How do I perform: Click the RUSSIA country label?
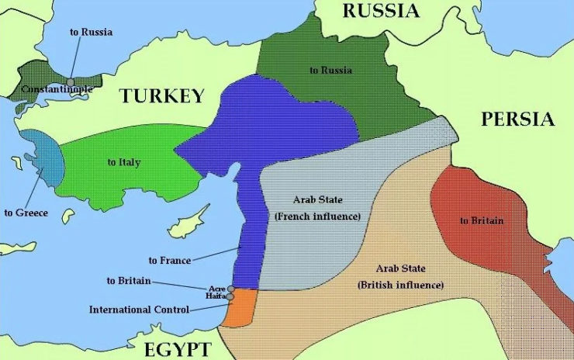tap(381, 10)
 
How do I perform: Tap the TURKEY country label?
tap(161, 95)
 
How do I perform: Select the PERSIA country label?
tap(517, 119)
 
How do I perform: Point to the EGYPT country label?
tap(172, 348)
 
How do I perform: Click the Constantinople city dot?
tap(71, 81)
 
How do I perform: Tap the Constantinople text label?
tap(57, 89)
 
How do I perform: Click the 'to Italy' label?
tap(124, 161)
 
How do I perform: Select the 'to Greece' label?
tap(26, 212)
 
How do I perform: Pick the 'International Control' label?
tap(139, 310)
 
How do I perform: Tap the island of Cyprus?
tap(189, 223)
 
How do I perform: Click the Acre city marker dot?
tap(231, 289)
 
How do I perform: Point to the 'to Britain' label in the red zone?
tap(482, 220)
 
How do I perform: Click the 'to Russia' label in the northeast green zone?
tap(330, 70)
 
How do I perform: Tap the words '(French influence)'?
tap(318, 216)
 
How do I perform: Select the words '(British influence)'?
tap(400, 285)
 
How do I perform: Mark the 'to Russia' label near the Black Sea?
tap(91, 32)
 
